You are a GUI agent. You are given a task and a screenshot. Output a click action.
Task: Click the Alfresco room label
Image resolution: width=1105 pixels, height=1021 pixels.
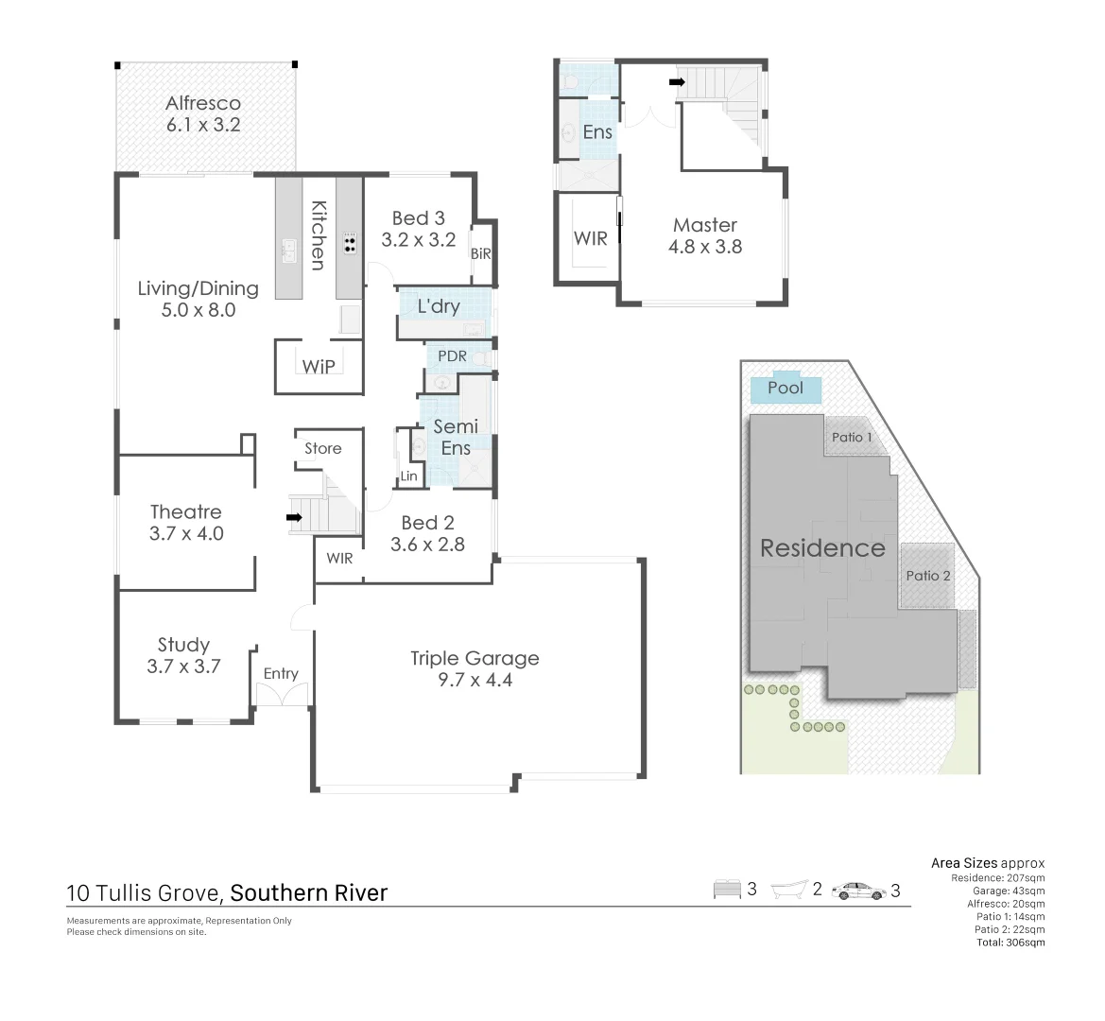pyautogui.click(x=203, y=103)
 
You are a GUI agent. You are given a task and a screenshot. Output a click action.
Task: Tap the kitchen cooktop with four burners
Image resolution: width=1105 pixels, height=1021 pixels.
pyautogui.click(x=350, y=244)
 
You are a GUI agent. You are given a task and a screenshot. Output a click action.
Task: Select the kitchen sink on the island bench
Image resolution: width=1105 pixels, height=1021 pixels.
pyautogui.click(x=288, y=251)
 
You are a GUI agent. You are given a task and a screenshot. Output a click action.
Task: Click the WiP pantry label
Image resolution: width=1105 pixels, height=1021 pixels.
pyautogui.click(x=319, y=366)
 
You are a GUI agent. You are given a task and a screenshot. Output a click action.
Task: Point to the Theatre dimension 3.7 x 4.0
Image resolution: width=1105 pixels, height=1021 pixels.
pyautogui.click(x=186, y=533)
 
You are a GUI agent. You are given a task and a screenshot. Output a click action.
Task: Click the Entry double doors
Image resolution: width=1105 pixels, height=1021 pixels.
pyautogui.click(x=282, y=695)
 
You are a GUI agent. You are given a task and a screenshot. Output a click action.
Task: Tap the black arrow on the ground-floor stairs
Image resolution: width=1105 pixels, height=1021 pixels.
pyautogui.click(x=294, y=517)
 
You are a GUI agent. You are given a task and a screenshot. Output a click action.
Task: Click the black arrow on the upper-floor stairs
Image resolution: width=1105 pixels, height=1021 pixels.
pyautogui.click(x=677, y=82)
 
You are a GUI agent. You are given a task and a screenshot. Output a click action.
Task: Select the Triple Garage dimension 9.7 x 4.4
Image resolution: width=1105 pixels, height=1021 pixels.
pyautogui.click(x=475, y=680)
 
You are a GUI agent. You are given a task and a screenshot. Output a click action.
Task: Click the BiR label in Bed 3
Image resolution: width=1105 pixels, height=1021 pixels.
pyautogui.click(x=481, y=253)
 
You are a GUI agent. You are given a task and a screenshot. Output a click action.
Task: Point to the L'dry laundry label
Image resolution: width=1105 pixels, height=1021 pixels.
pyautogui.click(x=439, y=305)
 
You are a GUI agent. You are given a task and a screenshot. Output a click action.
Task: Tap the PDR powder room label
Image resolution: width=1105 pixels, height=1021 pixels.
pyautogui.click(x=452, y=356)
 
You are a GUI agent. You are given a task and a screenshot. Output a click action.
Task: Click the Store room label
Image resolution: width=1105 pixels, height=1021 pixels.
pyautogui.click(x=322, y=448)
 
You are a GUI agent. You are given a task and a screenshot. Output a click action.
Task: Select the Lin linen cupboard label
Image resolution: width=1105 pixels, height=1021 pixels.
pyautogui.click(x=408, y=476)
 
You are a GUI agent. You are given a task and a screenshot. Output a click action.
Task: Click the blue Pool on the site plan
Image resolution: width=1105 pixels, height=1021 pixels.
pyautogui.click(x=786, y=389)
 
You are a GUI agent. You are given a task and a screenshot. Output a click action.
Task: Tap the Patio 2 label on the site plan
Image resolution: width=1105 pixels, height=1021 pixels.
pyautogui.click(x=928, y=575)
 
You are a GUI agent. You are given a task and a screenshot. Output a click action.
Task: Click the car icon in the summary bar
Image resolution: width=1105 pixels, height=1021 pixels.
pyautogui.click(x=858, y=890)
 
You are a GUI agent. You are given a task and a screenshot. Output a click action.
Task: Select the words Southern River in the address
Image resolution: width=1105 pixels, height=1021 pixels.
pyautogui.click(x=309, y=892)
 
